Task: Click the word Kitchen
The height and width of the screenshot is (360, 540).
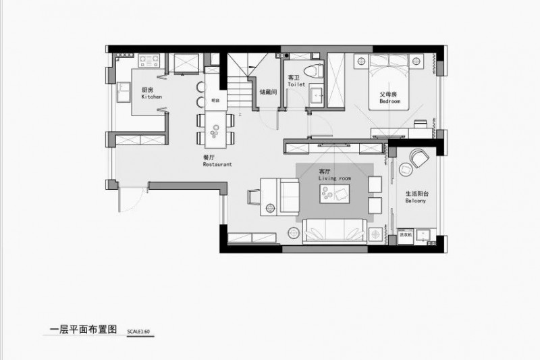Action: tap(151, 97)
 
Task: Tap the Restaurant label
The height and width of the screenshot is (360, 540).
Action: tap(217, 164)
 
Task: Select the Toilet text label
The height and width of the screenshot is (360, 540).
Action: tap(296, 85)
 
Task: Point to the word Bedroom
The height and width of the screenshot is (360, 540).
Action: tap(389, 101)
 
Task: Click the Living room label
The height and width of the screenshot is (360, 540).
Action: tap(335, 178)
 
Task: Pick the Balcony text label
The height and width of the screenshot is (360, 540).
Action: tap(415, 201)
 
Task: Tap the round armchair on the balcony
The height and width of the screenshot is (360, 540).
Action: tap(420, 159)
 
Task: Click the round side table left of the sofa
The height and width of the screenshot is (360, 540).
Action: tap(294, 233)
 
